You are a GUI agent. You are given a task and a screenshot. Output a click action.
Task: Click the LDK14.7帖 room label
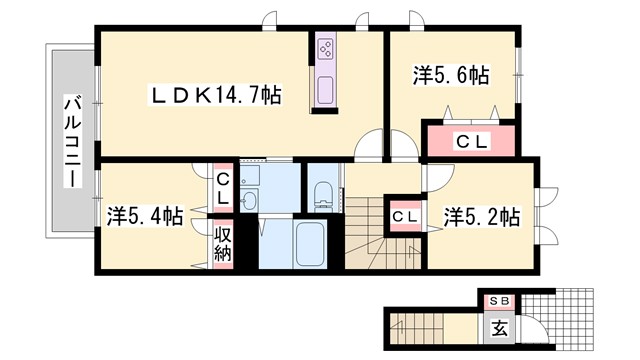[214, 95]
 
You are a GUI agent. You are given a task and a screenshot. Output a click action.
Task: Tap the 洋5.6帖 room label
[451, 76]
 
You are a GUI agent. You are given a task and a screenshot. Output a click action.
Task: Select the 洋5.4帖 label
[144, 215]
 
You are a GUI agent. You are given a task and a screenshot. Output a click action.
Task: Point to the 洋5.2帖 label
[481, 215]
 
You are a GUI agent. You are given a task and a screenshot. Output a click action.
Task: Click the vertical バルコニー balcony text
[71, 139]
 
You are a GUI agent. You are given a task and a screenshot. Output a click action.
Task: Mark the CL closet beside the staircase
[404, 216]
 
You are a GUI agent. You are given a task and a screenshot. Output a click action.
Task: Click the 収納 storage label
[222, 244]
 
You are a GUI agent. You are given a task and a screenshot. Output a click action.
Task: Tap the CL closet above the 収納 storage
[222, 188]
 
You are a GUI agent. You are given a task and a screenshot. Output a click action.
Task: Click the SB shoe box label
[497, 300]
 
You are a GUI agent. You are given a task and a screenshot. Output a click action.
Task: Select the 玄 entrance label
[497, 326]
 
